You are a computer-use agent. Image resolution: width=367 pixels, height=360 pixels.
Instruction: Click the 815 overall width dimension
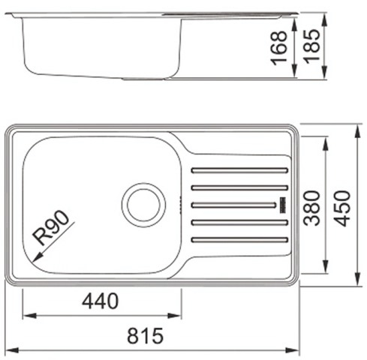click(x=145, y=336)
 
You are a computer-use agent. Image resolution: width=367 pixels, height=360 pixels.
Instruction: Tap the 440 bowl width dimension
click(x=100, y=301)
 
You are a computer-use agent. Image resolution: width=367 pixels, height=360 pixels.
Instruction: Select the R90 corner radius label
click(x=52, y=227)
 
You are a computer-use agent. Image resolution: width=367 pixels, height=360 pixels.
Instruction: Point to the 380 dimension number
click(x=311, y=208)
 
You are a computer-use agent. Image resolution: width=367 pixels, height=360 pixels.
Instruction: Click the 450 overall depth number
click(x=342, y=208)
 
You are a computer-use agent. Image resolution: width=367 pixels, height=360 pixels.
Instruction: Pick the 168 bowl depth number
click(x=279, y=48)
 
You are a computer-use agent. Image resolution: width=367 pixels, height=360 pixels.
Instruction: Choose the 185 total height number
click(x=311, y=45)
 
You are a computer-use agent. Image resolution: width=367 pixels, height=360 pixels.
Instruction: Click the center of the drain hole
click(x=143, y=205)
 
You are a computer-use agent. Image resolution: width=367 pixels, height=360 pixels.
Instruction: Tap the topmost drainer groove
click(x=239, y=170)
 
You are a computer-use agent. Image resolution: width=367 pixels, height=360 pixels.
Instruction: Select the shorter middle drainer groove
click(x=233, y=205)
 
